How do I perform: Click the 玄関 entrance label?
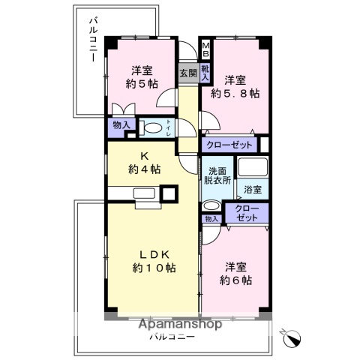pos(188,73)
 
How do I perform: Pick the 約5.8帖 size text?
pos(234,94)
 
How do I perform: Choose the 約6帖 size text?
pos(235,280)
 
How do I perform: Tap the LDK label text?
pos(154,253)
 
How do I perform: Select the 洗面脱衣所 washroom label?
pos(217,175)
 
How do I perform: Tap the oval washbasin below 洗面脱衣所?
pos(211,206)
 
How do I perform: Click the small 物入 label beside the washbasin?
pos(211,219)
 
